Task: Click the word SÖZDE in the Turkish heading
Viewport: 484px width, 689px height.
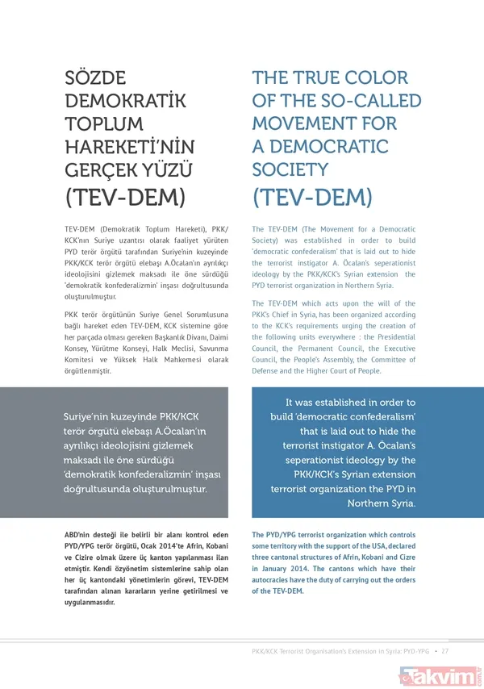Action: (95, 78)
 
